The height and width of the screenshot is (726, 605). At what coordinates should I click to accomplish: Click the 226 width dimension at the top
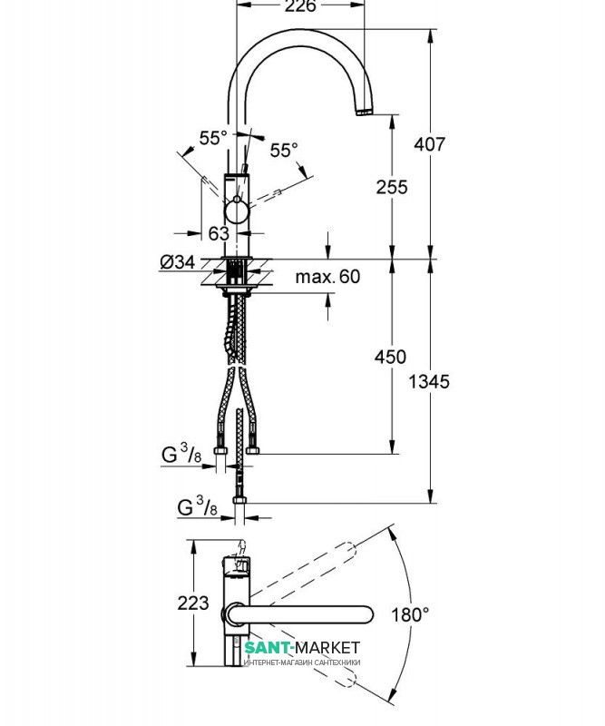[300, 6]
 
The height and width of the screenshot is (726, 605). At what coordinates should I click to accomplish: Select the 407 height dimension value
[430, 144]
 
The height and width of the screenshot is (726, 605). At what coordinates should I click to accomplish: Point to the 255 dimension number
[392, 187]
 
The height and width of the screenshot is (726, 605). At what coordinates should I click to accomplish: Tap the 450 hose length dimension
[391, 357]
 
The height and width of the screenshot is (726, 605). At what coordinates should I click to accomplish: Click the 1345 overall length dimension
[429, 381]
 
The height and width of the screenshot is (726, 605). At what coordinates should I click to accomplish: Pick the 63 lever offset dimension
[219, 233]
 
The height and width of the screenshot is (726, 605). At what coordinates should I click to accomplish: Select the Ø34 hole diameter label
[178, 262]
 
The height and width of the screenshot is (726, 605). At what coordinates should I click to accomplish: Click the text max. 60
[327, 277]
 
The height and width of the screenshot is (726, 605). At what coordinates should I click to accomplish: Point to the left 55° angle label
[213, 138]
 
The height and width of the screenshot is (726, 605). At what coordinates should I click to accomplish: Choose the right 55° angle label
[284, 150]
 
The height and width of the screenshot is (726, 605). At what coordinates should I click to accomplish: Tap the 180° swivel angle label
[410, 615]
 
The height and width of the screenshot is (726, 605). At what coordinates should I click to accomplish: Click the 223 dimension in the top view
[193, 603]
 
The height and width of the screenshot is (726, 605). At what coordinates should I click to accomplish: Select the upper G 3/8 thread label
[182, 454]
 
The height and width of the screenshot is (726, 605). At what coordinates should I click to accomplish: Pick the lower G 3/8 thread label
[197, 506]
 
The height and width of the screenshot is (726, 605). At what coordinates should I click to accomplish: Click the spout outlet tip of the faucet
[364, 112]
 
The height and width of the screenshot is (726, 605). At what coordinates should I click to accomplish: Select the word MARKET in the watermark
[327, 647]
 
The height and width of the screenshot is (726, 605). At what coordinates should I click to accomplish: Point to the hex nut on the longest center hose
[239, 500]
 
